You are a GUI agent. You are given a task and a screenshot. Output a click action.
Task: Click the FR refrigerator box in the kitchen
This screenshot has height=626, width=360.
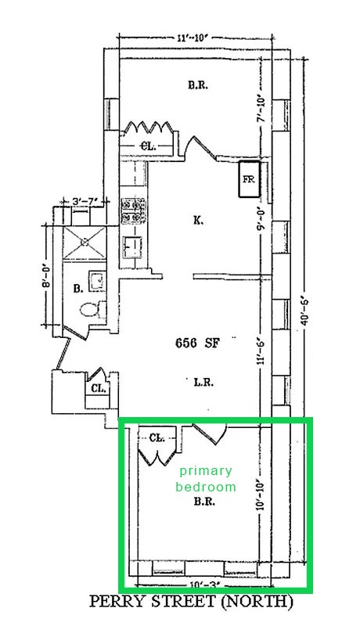click(250, 179)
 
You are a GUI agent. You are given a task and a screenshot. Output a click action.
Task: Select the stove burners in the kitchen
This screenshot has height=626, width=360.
click(134, 211)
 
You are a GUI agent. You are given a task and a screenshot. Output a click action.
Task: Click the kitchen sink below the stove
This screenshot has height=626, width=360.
click(133, 247)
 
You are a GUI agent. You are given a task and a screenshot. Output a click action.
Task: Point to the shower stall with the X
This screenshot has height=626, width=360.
click(85, 242)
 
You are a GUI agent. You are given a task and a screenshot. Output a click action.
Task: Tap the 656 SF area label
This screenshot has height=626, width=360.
click(197, 344)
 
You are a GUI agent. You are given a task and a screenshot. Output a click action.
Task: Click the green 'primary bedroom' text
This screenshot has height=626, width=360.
click(206, 479)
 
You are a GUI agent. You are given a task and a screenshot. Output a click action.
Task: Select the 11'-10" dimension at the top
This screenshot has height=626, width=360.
click(193, 38)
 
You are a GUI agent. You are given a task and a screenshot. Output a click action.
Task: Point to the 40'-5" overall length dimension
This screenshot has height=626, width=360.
click(304, 310)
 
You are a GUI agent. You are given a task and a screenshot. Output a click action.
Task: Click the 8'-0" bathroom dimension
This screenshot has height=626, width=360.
click(47, 275)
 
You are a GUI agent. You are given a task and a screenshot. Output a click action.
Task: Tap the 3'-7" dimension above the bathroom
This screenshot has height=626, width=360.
click(85, 202)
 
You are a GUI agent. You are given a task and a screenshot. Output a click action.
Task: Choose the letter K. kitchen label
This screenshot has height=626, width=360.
click(198, 220)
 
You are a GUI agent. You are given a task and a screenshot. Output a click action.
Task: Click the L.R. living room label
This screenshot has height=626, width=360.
click(203, 382)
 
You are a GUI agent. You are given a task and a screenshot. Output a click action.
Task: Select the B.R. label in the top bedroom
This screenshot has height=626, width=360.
click(197, 85)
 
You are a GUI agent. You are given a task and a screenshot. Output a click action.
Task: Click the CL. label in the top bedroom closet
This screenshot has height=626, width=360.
click(148, 146)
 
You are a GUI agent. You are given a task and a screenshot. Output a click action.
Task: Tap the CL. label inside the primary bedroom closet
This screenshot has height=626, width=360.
click(157, 438)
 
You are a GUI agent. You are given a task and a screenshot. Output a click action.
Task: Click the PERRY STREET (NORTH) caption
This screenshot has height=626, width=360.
click(191, 601)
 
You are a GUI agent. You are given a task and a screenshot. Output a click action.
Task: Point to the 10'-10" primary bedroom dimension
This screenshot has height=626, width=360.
click(261, 495)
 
